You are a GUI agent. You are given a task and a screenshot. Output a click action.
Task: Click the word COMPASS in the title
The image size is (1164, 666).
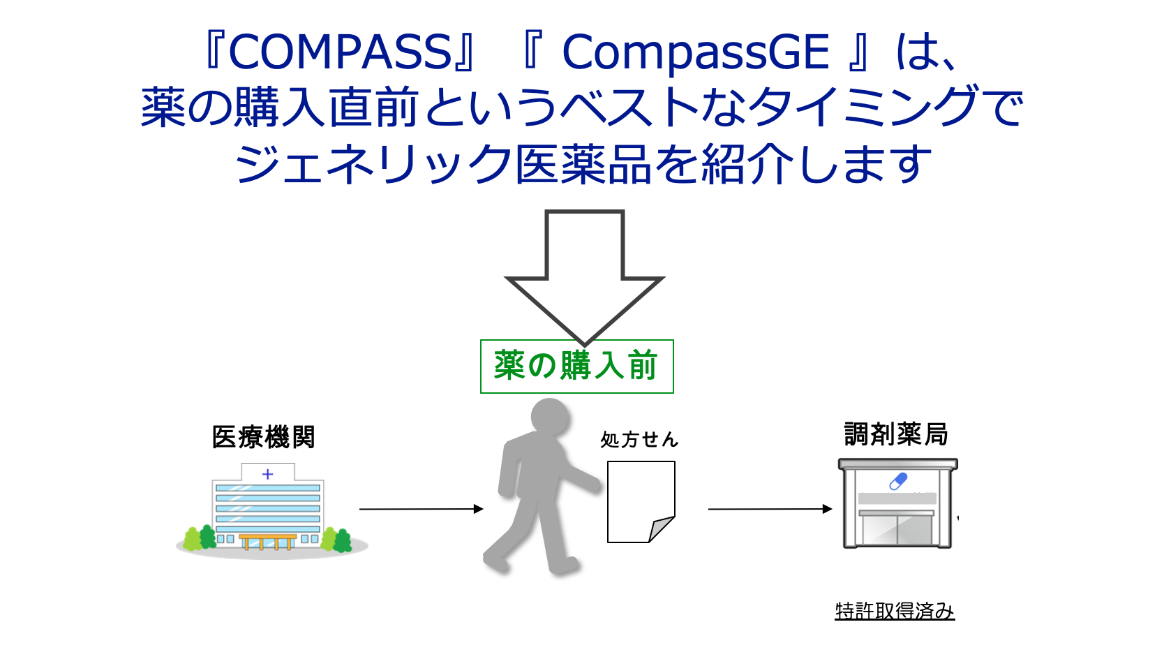click(x=340, y=52)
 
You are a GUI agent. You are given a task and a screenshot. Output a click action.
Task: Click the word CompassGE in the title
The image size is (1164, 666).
click(x=695, y=52)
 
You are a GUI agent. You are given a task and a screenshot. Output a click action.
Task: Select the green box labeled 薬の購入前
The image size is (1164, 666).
click(x=576, y=367)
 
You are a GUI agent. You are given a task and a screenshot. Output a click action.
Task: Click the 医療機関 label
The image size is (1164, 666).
click(x=264, y=438)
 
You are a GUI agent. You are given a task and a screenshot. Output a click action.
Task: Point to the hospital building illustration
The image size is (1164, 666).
click(x=269, y=510)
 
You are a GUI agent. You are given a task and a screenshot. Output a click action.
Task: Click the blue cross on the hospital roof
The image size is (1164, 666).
click(x=267, y=474)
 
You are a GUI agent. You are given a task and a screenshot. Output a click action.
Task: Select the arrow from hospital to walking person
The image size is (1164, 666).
click(x=421, y=509)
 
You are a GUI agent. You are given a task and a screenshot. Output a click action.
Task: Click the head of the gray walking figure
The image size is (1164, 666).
click(x=551, y=416)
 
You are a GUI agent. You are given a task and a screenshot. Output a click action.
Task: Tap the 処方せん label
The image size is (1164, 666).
click(x=639, y=440)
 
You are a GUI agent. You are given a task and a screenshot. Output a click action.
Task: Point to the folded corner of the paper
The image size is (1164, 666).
click(x=661, y=528)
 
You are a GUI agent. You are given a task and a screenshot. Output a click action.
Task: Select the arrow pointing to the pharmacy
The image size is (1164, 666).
click(x=770, y=509)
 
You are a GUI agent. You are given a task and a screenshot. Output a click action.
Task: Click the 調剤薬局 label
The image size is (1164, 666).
click(x=896, y=434)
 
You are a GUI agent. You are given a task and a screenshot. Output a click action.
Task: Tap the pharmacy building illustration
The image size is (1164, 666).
click(x=897, y=504)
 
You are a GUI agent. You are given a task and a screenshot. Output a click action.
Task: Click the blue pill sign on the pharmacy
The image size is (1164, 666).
click(x=898, y=481)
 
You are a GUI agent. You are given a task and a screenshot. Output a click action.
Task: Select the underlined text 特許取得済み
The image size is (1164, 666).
click(x=895, y=611)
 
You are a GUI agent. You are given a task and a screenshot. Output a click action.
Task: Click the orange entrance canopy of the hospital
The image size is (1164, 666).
click(x=267, y=538)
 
